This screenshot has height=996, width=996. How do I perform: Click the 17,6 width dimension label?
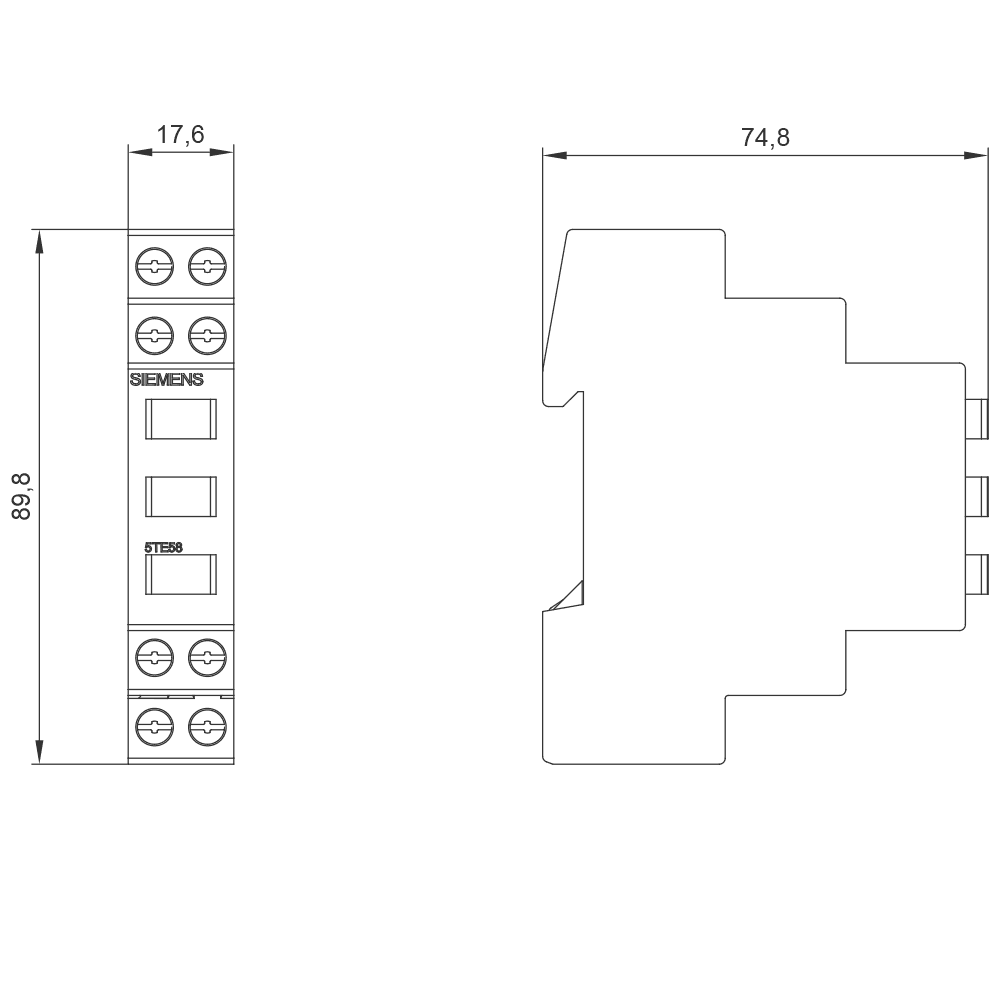click(180, 135)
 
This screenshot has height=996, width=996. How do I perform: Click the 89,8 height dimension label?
click(22, 496)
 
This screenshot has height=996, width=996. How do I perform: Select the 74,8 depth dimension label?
click(765, 138)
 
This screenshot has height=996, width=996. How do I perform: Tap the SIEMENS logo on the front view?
click(167, 379)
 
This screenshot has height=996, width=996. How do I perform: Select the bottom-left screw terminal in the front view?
click(154, 724)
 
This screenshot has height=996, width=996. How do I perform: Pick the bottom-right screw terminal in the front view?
click(207, 724)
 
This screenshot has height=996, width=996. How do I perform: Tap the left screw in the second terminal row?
click(154, 332)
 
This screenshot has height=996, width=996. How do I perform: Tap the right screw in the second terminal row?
click(207, 332)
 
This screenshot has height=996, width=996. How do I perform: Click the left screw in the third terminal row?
click(154, 655)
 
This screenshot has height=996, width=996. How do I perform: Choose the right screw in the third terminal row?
click(207, 655)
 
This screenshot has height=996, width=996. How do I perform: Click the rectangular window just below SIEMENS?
click(181, 419)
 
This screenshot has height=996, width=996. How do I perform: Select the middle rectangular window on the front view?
click(181, 496)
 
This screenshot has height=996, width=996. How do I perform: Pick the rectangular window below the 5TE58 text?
click(181, 574)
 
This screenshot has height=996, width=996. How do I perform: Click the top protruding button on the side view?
click(977, 419)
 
